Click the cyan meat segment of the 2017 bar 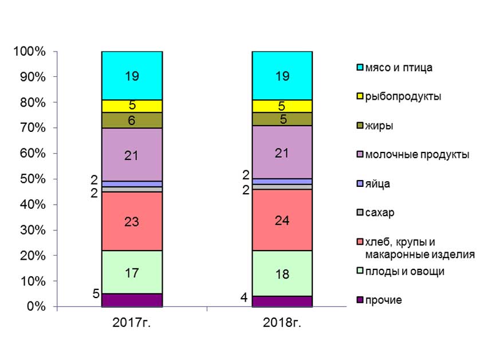tap(132, 75)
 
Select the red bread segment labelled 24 tap(282, 220)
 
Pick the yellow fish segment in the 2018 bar tap(282, 106)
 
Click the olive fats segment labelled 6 tap(132, 120)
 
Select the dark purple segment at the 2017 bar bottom tap(132, 300)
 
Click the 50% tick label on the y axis tap(32, 179)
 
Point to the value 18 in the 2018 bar tap(282, 274)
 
